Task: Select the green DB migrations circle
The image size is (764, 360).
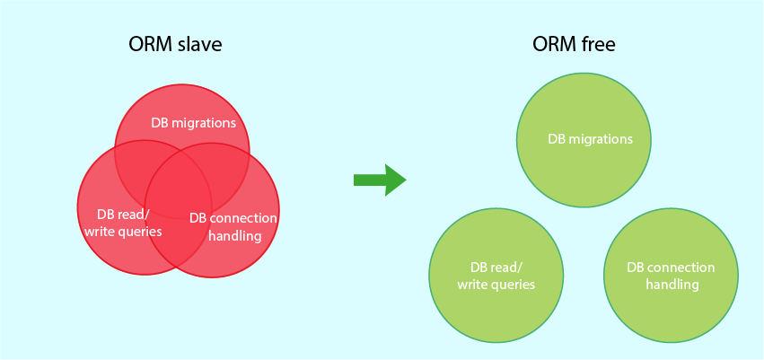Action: (584, 140)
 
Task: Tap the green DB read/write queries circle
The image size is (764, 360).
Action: (496, 277)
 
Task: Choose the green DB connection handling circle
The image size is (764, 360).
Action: (671, 277)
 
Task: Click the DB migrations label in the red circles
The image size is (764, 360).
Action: (193, 123)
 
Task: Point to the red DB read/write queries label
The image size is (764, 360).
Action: (123, 223)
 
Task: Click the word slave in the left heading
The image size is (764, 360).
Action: (196, 45)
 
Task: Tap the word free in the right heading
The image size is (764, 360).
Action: (597, 45)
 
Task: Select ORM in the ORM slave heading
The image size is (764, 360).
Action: (147, 45)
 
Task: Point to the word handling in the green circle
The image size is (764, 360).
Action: (672, 285)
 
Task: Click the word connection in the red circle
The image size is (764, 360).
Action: (244, 218)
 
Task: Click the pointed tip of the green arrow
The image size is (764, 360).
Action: (405, 180)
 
